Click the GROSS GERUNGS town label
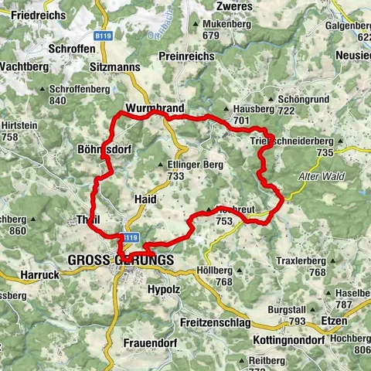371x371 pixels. (121, 260)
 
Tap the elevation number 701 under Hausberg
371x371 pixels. (240, 121)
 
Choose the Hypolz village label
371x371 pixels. (163, 289)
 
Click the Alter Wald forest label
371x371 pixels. (318, 176)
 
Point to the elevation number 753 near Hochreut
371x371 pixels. (224, 222)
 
